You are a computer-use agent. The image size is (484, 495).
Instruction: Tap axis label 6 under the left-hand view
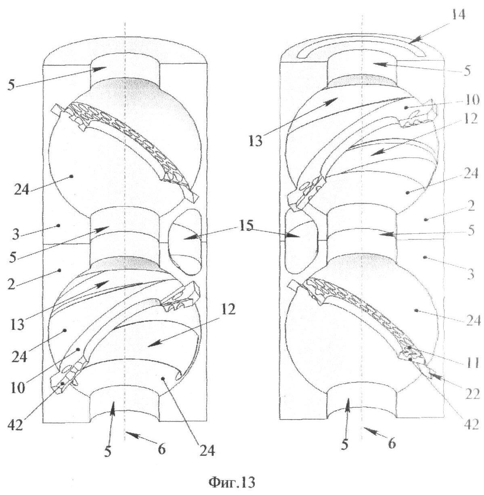tap(161, 449)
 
